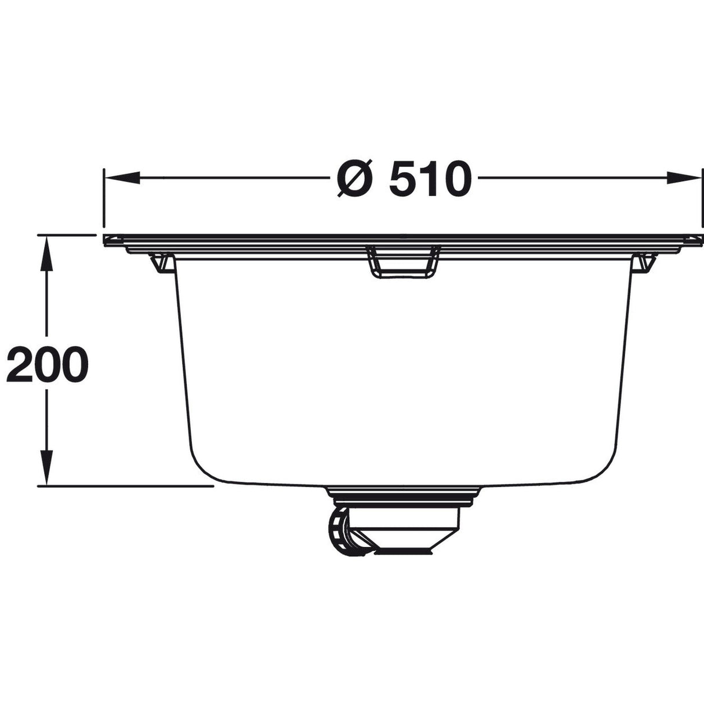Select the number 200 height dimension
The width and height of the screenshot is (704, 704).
(x=48, y=364)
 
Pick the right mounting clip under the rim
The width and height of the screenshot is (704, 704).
(x=642, y=262)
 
